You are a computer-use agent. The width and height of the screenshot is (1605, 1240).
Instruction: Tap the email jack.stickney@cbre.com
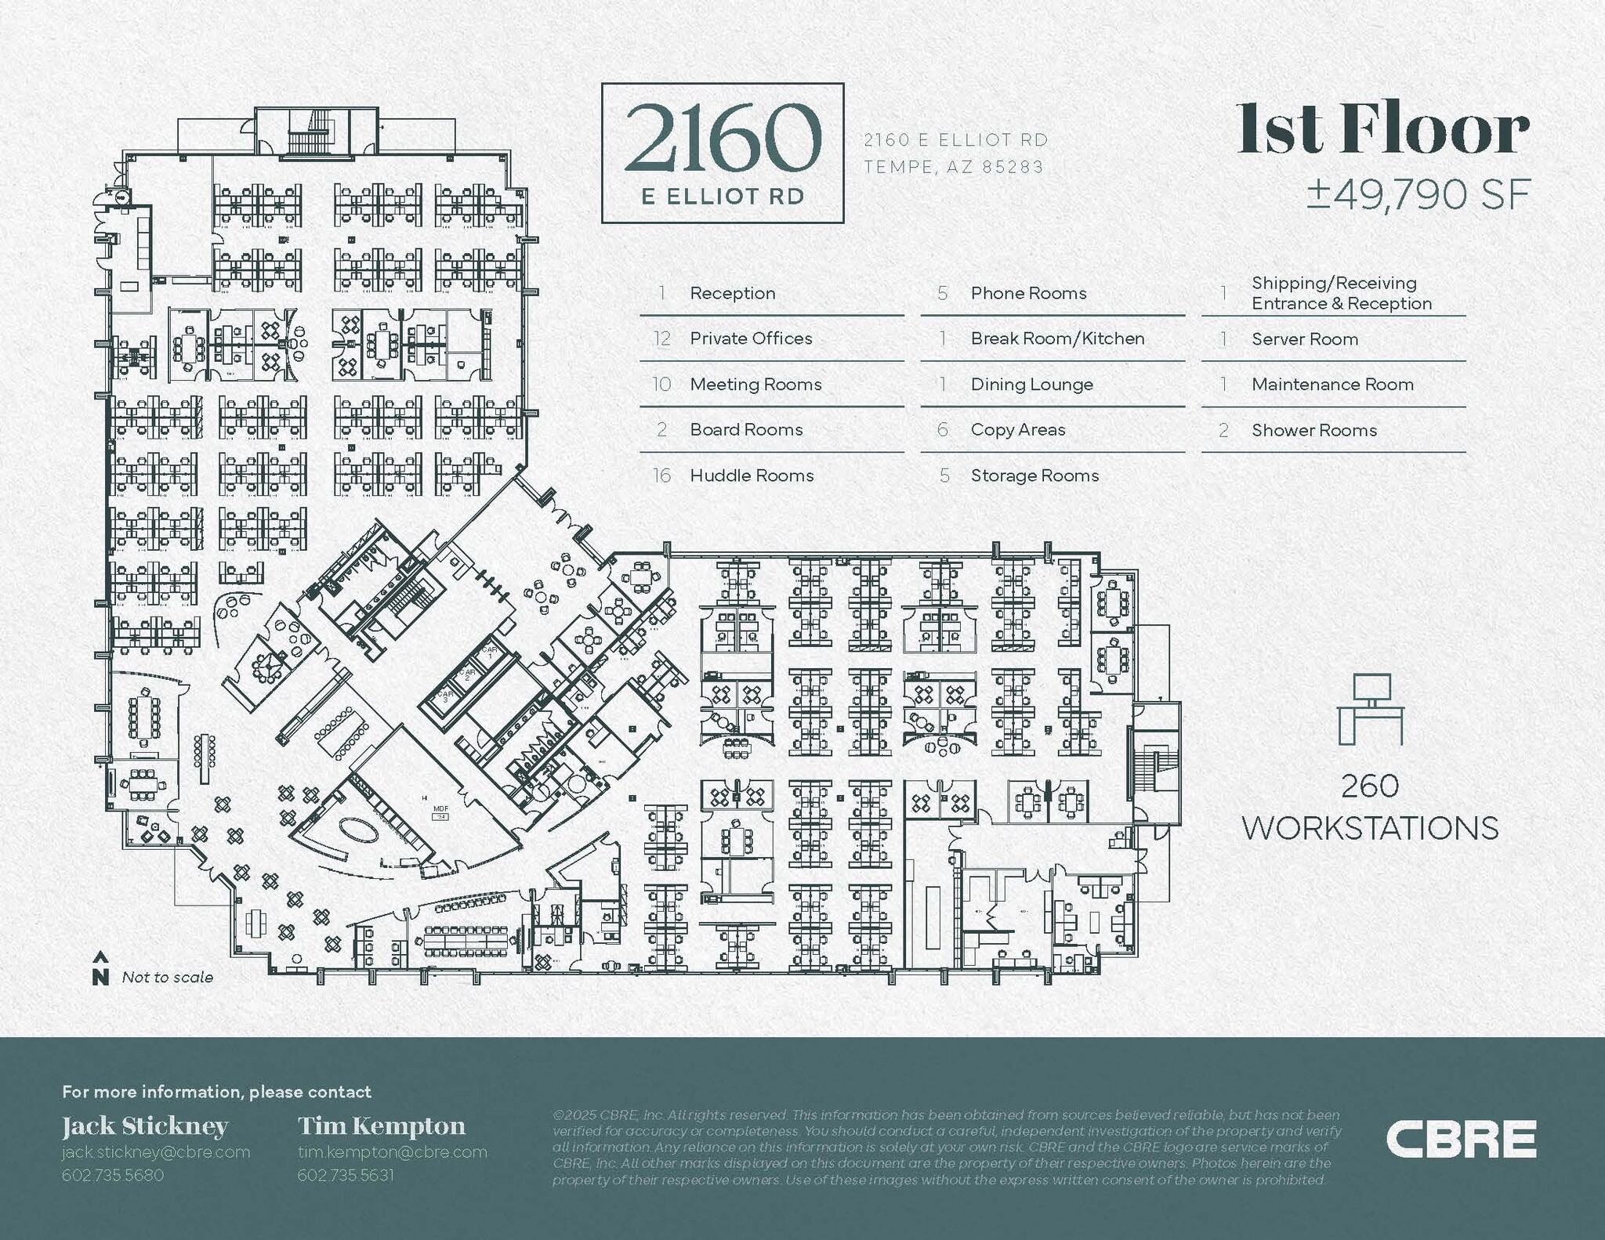pyautogui.click(x=156, y=1152)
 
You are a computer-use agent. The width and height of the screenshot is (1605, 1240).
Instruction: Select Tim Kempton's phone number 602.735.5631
pyautogui.click(x=346, y=1175)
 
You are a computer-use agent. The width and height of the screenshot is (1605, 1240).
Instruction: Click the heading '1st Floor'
pyautogui.click(x=1383, y=130)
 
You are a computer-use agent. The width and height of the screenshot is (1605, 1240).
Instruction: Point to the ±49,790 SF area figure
pyautogui.click(x=1418, y=194)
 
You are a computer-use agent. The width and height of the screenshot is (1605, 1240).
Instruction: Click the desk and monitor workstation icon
pyautogui.click(x=1371, y=708)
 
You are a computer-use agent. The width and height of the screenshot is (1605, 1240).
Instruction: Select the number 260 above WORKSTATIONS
pyautogui.click(x=1370, y=786)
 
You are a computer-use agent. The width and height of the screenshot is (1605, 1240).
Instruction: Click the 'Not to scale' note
pyautogui.click(x=168, y=978)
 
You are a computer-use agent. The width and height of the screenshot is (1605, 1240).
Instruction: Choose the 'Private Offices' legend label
pyautogui.click(x=751, y=338)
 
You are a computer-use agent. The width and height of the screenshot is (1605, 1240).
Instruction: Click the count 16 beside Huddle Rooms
pyautogui.click(x=661, y=475)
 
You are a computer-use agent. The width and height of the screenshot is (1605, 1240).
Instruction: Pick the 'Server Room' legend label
pyautogui.click(x=1305, y=339)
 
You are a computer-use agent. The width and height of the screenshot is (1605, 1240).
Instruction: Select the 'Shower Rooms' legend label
pyautogui.click(x=1314, y=430)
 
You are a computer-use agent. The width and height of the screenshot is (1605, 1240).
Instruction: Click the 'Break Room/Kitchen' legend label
pyautogui.click(x=1057, y=338)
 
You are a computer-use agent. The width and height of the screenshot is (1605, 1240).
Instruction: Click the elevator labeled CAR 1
pyautogui.click(x=491, y=652)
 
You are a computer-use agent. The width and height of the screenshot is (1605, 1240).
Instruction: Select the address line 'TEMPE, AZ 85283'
pyautogui.click(x=954, y=167)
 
